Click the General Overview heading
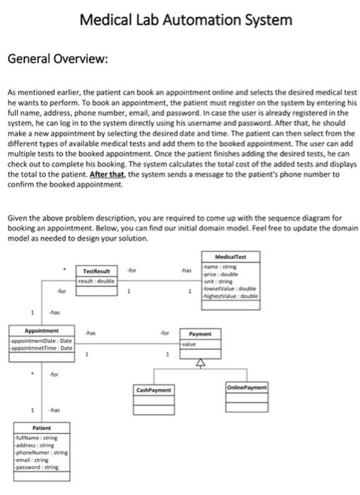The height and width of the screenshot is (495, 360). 57,57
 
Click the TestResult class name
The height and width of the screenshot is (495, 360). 97,271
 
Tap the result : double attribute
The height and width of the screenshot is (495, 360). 95,280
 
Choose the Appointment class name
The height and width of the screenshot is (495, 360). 42,331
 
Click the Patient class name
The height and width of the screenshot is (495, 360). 42,428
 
